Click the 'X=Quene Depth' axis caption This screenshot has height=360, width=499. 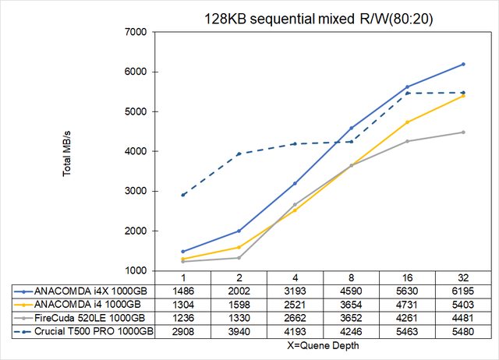coord(322,344)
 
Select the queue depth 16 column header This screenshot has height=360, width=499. coord(406,278)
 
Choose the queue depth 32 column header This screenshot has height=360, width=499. coord(462,278)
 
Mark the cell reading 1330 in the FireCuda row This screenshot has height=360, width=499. coord(239,318)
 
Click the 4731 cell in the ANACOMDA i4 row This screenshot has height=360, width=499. coord(406,305)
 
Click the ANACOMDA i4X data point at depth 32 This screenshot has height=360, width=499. coord(462,64)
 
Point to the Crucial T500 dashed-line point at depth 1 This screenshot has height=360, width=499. coord(182,195)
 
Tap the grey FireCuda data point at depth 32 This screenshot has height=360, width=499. coord(462,132)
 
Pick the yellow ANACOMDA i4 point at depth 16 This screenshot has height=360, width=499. coord(406,122)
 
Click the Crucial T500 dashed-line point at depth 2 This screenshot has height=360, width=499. coord(239,154)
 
